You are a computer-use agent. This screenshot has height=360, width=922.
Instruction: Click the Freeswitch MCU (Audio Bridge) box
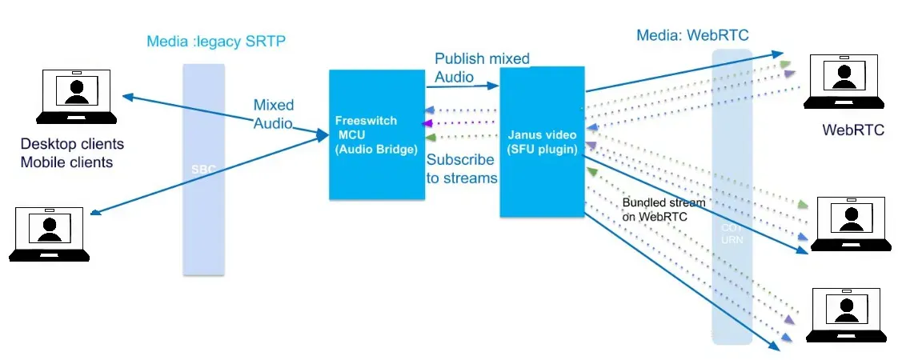(x=376, y=134)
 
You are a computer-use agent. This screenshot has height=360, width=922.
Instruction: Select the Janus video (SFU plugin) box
(x=543, y=142)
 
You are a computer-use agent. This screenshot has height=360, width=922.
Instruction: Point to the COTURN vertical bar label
(x=732, y=234)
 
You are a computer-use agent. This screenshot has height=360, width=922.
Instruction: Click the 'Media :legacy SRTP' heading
(x=216, y=41)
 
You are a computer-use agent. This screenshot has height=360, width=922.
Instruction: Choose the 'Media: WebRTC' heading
(x=693, y=36)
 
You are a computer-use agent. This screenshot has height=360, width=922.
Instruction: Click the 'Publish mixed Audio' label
(x=481, y=68)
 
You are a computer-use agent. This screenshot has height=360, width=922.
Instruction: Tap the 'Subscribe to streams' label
(x=462, y=169)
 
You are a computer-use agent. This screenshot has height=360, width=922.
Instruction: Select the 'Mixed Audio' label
(x=274, y=114)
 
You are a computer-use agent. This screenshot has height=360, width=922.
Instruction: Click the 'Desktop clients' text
(x=72, y=145)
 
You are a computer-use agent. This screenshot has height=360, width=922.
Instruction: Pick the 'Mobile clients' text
(x=66, y=162)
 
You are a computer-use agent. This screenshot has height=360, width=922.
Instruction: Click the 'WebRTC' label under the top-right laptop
(x=853, y=130)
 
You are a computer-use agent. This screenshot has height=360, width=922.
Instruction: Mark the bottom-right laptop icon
(x=848, y=314)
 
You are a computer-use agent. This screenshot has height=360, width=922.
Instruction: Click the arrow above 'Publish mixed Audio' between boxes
(x=463, y=86)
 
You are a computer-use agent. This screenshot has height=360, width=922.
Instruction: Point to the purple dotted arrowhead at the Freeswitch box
(x=428, y=123)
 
